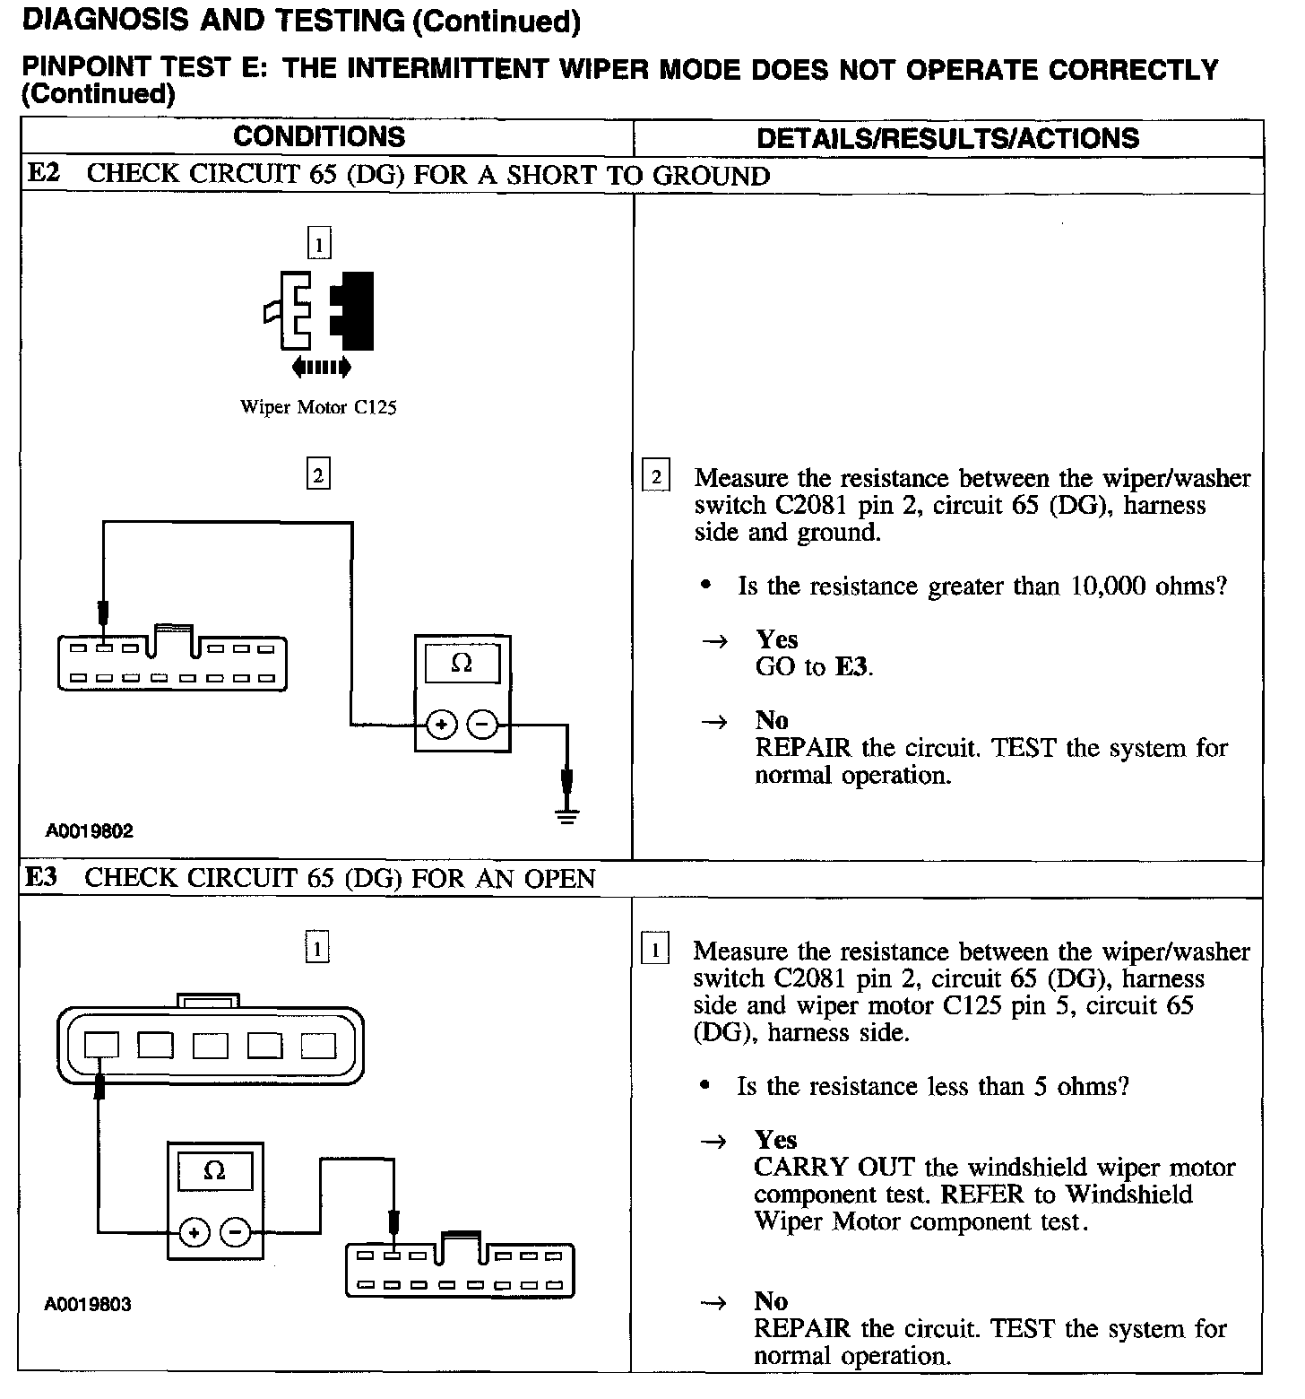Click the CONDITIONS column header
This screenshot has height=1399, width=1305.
[319, 137]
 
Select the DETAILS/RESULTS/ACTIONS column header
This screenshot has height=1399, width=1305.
[947, 138]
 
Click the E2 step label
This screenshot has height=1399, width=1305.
[44, 173]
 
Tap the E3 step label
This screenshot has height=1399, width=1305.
[41, 877]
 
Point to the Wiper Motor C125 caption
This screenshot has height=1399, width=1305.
[318, 407]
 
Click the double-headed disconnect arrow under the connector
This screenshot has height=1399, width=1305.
[321, 366]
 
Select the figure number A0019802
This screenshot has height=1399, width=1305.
[90, 830]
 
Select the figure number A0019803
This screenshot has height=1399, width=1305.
[88, 1304]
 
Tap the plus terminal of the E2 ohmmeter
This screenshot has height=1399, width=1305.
[440, 724]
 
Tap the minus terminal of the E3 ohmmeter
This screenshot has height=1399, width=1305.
[236, 1233]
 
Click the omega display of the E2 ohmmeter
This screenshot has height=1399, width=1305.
[462, 664]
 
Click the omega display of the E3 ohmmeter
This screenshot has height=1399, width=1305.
[214, 1171]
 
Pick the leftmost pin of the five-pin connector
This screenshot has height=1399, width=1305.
[101, 1045]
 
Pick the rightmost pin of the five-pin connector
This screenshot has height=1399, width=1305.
[318, 1046]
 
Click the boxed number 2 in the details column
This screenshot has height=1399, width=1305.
[656, 477]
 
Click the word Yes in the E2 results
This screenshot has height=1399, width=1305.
[776, 639]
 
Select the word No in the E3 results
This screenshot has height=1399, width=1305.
[771, 1301]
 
